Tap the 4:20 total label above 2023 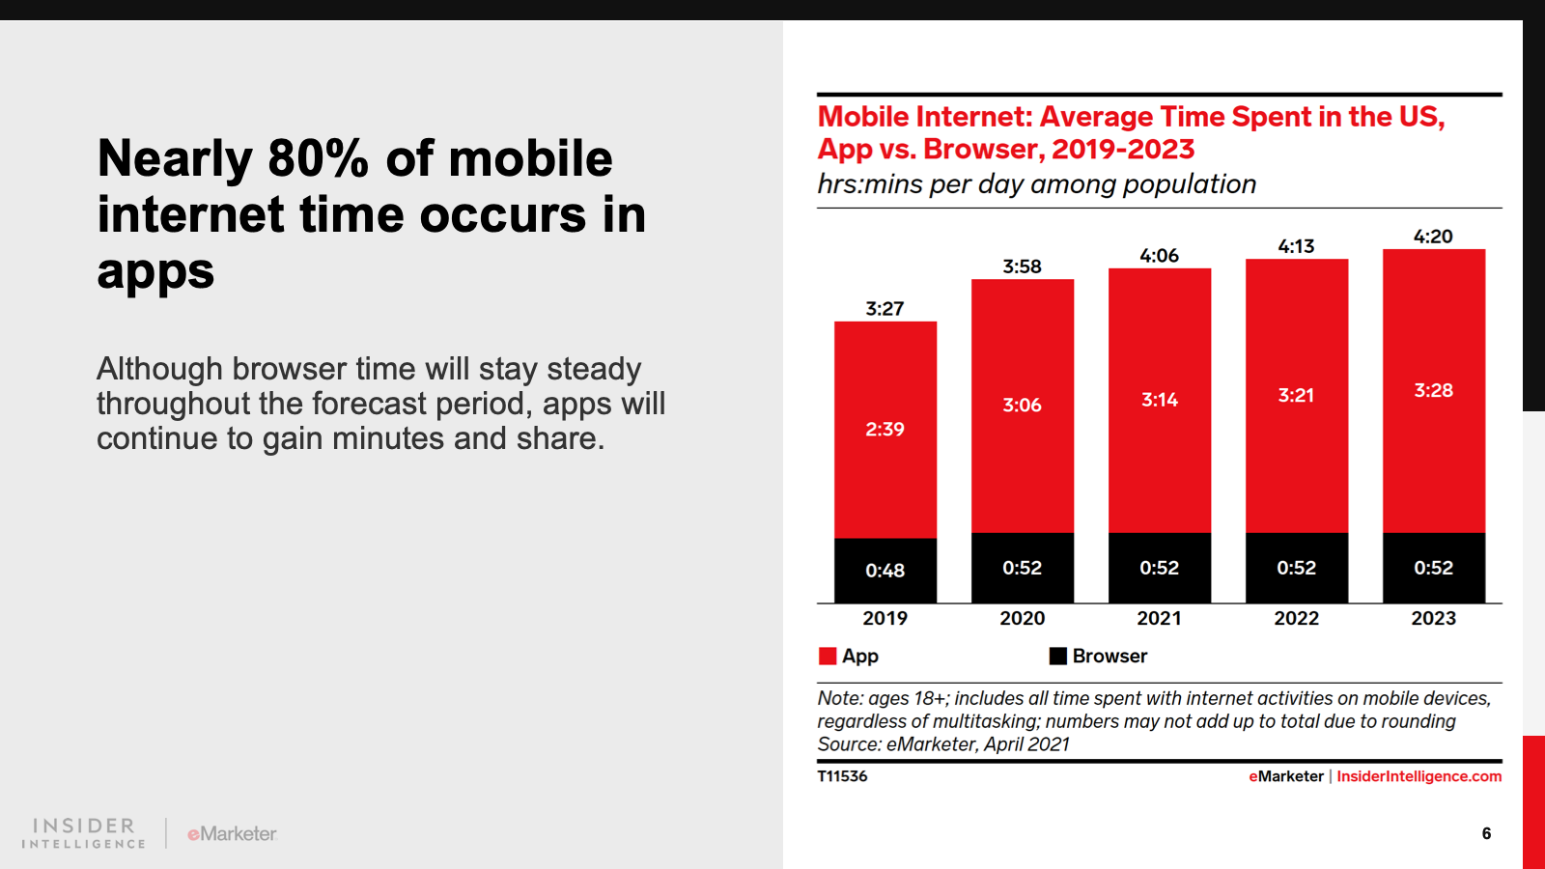tap(1433, 237)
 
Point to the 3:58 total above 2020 tap(1022, 266)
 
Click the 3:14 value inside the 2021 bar tap(1159, 400)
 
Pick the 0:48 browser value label tap(885, 571)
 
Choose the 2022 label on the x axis tap(1296, 618)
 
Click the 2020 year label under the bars tap(1022, 618)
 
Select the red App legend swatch tap(828, 657)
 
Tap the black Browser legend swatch tap(1058, 657)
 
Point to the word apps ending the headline tap(155, 271)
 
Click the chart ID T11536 tap(842, 776)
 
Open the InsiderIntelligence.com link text tap(1419, 776)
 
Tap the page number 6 tap(1486, 833)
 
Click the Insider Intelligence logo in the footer tap(83, 833)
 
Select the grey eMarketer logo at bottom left tap(232, 833)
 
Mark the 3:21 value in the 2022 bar tap(1296, 395)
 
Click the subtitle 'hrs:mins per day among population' tap(1036, 184)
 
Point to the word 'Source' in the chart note tap(848, 744)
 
